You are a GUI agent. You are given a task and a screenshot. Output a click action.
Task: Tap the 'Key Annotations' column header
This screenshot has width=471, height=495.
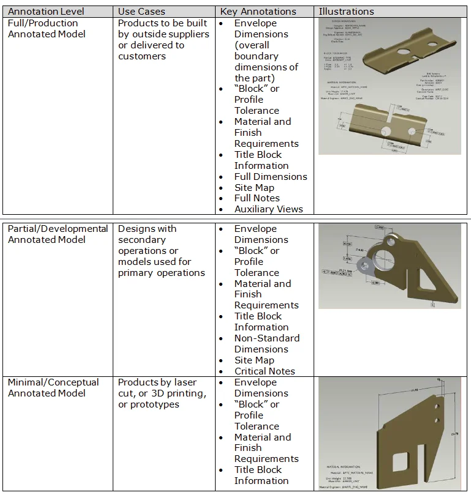(x=258, y=11)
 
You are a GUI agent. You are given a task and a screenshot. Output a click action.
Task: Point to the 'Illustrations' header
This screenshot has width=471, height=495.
(x=346, y=11)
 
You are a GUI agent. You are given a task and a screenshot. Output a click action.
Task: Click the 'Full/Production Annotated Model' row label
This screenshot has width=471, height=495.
(x=47, y=28)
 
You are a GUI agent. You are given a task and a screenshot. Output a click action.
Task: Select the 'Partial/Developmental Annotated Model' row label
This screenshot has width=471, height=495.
(x=58, y=234)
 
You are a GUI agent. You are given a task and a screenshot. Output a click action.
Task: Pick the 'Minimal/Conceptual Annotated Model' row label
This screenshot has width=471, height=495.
(x=53, y=387)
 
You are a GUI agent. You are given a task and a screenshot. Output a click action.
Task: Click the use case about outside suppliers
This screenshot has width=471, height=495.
(x=164, y=39)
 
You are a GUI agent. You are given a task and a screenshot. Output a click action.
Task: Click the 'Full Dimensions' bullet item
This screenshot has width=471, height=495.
(x=271, y=176)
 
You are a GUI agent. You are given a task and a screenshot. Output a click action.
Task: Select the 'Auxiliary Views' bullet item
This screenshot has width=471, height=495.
(x=268, y=209)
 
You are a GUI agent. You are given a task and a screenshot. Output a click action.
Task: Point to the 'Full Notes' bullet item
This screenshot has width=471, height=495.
(x=257, y=198)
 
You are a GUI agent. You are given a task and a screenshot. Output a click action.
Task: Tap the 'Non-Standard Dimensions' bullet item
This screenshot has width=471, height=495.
(x=266, y=343)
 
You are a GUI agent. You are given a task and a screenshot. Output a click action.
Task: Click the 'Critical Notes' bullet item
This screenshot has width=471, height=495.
(x=265, y=371)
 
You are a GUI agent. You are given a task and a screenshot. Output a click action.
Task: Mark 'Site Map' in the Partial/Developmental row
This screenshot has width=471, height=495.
(x=254, y=360)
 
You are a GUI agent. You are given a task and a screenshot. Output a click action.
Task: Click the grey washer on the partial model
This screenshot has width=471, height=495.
(x=366, y=264)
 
